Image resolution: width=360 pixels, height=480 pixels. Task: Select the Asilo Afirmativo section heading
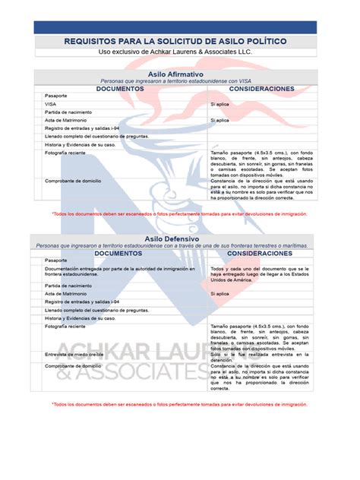click(x=180, y=74)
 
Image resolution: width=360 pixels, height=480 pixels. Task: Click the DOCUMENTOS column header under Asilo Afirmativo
click(x=120, y=88)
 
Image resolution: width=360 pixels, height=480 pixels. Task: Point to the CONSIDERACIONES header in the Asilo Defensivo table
click(x=261, y=253)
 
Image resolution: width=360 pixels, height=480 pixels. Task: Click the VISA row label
click(x=50, y=104)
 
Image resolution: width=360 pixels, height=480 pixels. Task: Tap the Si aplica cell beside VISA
click(x=219, y=104)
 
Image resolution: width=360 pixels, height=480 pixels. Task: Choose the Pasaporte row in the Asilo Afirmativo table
click(x=56, y=96)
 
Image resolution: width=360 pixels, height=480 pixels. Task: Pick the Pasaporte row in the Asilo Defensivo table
click(x=56, y=261)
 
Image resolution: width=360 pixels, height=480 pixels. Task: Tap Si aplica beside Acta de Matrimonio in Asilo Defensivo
click(x=219, y=293)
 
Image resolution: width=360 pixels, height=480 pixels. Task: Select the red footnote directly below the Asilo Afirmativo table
click(x=180, y=214)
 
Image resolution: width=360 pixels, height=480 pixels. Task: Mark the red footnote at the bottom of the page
click(x=180, y=405)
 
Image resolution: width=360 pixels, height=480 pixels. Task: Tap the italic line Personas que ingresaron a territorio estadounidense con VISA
click(x=180, y=81)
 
